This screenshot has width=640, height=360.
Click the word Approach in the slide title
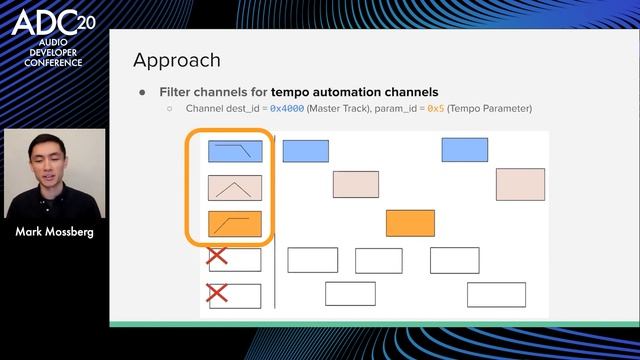[177, 60]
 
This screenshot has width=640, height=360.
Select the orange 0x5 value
[435, 108]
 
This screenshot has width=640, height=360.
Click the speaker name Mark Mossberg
[55, 233]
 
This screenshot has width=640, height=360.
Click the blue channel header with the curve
[235, 151]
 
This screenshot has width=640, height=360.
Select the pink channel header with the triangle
[235, 187]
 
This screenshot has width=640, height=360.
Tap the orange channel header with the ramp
[235, 223]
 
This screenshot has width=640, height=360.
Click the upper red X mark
[217, 258]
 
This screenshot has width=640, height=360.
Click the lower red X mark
[217, 294]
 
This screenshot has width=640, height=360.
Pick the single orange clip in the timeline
[410, 223]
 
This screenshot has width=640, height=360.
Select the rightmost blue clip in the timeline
[465, 150]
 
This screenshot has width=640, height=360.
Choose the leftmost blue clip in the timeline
[305, 151]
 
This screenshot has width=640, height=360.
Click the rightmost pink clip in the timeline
[520, 184]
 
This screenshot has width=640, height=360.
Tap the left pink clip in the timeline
[355, 184]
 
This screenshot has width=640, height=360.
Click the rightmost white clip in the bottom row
[496, 294]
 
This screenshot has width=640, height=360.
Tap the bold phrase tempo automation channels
[355, 91]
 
